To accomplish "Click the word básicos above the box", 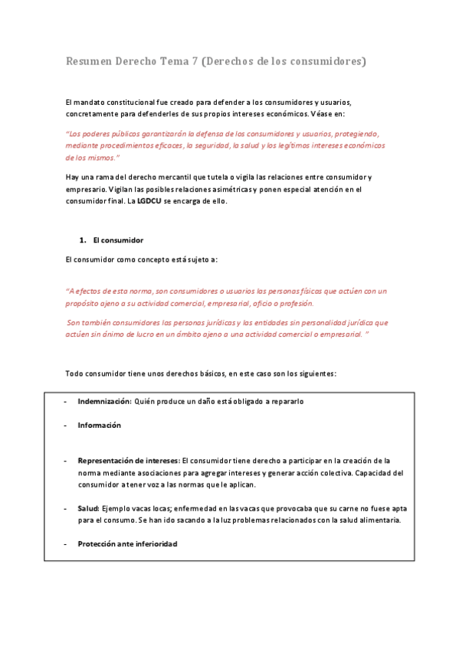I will click(241, 373).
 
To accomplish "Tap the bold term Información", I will click(99, 425).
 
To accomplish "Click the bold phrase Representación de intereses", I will click(128, 461).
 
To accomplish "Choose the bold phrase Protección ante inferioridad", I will click(127, 543).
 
